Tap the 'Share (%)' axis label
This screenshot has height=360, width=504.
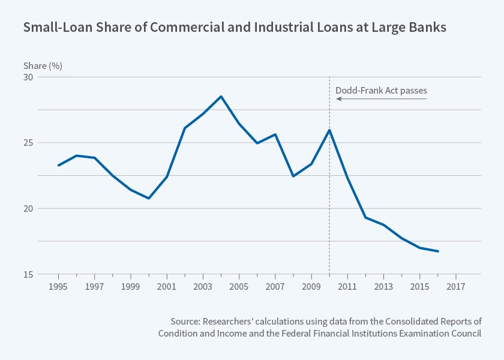tap(43, 65)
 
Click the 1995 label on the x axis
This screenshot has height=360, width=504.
tap(58, 286)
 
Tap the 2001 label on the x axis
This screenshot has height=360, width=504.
tap(166, 286)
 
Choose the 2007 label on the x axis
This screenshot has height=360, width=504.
tap(275, 286)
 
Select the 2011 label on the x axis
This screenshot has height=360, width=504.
tap(347, 286)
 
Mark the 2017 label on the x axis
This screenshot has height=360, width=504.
tap(456, 286)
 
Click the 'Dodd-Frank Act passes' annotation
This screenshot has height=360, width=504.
tap(381, 91)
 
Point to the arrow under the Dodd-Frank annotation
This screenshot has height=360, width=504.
tap(381, 99)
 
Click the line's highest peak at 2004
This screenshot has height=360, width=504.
tap(221, 97)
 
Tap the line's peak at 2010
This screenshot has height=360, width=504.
tap(329, 130)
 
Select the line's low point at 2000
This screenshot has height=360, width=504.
tap(148, 198)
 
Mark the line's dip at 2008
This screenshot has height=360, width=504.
tap(293, 176)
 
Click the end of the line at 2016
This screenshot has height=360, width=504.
tap(438, 251)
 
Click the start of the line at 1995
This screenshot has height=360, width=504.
tap(58, 165)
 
